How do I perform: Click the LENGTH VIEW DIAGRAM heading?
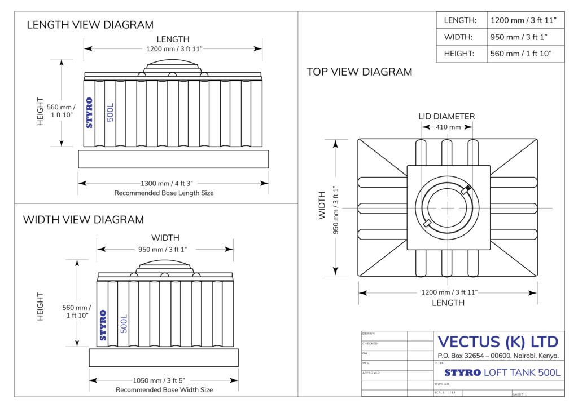click(90, 25)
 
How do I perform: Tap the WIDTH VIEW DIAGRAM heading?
click(84, 220)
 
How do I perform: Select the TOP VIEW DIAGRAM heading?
click(360, 72)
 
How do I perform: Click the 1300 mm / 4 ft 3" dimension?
click(173, 183)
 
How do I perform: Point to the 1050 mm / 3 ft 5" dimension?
click(164, 380)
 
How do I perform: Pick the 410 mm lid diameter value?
click(448, 127)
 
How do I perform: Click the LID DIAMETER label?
click(446, 117)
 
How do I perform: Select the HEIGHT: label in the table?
click(459, 54)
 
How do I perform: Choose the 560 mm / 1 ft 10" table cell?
click(521, 54)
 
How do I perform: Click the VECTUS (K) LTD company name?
click(498, 342)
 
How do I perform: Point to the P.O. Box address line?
click(498, 356)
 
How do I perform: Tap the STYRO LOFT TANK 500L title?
click(502, 372)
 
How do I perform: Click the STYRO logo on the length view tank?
click(89, 113)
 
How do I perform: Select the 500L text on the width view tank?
click(124, 323)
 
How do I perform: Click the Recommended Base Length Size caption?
click(164, 193)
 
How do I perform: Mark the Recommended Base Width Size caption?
click(164, 390)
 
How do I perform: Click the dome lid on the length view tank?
click(172, 64)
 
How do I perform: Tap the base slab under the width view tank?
click(164, 357)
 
